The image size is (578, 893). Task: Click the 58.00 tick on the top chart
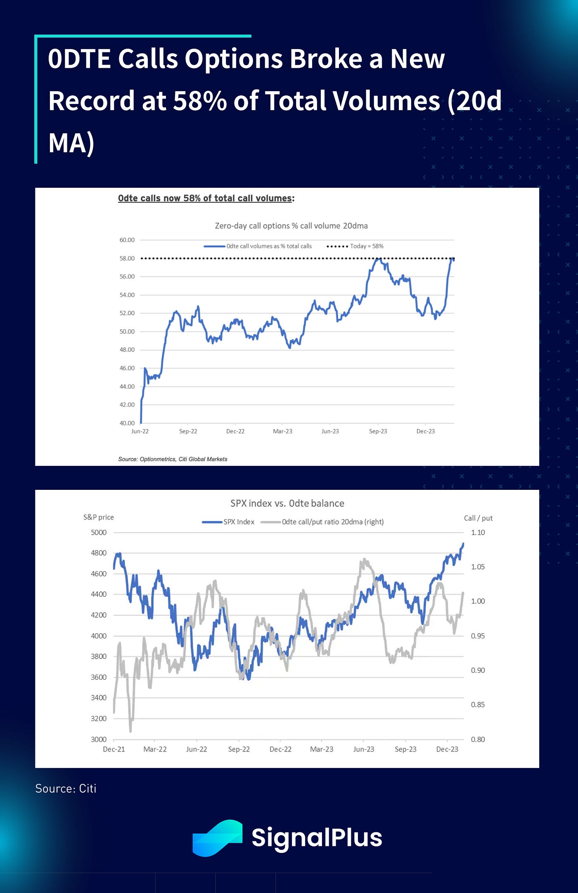point(127,258)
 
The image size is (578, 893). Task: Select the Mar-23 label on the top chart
point(282,431)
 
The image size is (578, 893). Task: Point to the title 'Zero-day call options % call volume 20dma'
point(291,226)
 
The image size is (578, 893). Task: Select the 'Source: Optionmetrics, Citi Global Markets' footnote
point(173,459)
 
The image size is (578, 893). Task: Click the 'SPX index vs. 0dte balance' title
point(287,503)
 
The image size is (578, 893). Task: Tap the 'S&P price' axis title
point(98,517)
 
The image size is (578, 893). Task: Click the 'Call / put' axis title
point(478,518)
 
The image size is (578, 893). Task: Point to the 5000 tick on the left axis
point(99,533)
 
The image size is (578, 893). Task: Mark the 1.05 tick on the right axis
point(478,567)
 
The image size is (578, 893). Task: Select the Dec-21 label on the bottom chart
point(114,749)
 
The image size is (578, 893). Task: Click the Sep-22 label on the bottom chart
point(239,749)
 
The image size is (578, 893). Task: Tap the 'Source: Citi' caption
point(66,789)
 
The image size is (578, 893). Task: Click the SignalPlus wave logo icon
point(217,838)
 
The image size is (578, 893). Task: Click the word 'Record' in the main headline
point(91,101)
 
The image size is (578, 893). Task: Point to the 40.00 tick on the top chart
point(127,423)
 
